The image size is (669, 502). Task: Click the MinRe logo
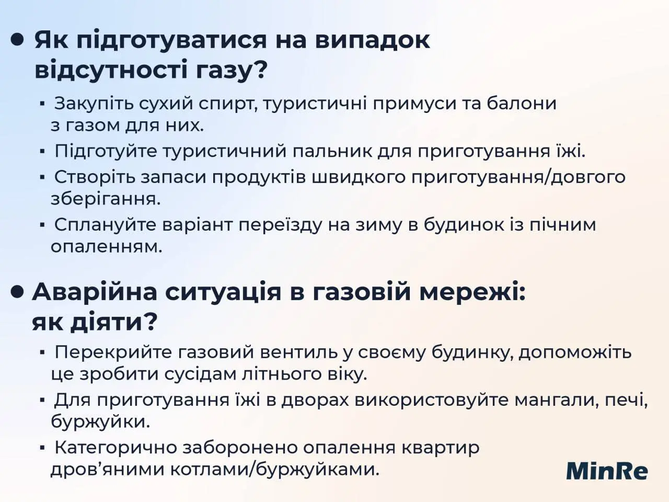point(607,470)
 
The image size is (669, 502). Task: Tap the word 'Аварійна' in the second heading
point(94,292)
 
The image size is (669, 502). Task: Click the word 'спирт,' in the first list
point(228,104)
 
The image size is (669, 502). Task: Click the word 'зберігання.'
point(106,199)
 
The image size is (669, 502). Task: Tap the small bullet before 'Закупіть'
point(42,104)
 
